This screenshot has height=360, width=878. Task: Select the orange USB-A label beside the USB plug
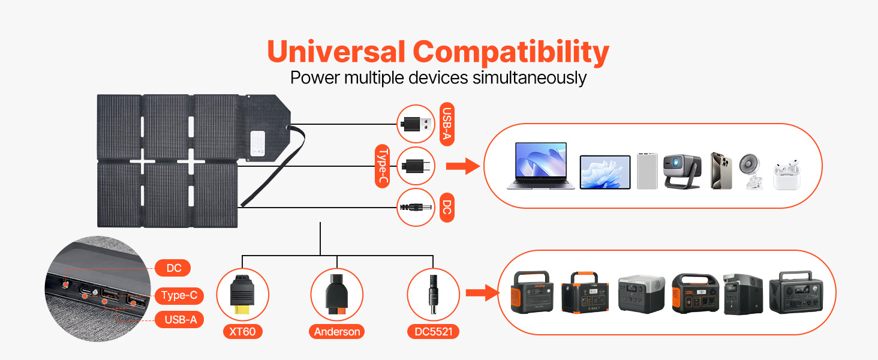click(447, 125)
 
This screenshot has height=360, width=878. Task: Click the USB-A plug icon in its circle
click(416, 124)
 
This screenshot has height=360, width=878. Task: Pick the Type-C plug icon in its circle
click(415, 166)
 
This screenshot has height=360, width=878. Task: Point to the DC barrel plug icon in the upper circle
click(416, 207)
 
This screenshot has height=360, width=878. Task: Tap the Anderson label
click(337, 331)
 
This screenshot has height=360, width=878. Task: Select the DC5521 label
click(433, 331)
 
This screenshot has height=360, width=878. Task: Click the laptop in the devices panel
click(540, 166)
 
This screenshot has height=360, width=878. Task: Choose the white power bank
click(647, 170)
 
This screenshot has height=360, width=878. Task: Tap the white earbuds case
click(786, 175)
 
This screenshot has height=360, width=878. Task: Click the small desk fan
click(751, 170)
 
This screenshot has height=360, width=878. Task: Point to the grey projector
click(682, 170)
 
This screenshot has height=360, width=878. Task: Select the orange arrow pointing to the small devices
click(464, 166)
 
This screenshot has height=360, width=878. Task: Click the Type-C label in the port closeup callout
click(179, 295)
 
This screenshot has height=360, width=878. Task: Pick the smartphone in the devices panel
click(721, 170)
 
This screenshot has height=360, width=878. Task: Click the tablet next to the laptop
click(605, 172)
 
